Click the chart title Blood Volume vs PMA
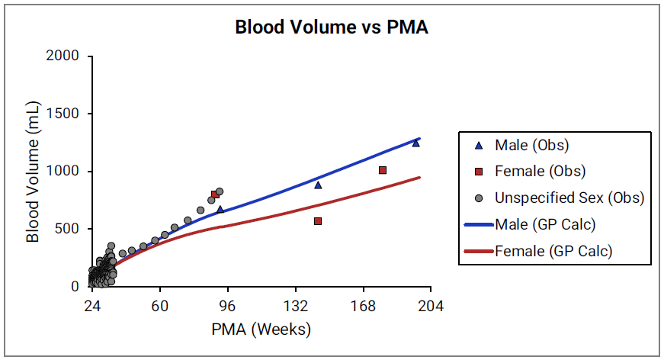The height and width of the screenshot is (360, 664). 332,28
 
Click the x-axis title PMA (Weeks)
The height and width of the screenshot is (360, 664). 261,329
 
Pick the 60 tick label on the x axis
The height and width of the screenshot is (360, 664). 159,306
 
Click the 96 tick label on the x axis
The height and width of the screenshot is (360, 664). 227,306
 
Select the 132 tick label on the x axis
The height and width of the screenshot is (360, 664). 295,306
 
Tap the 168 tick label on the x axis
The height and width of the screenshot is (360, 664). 363,306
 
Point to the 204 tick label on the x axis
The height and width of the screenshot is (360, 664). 431,306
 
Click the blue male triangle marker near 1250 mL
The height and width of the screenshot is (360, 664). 415,143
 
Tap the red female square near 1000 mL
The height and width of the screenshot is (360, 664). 383,170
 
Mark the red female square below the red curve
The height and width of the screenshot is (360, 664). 318,221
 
